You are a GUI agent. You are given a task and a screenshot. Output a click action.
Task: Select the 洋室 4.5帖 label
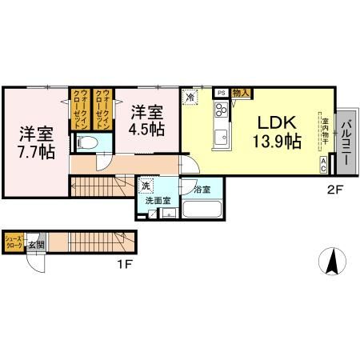click(x=149, y=118)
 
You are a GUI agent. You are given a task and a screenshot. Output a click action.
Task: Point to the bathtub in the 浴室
click(x=200, y=210)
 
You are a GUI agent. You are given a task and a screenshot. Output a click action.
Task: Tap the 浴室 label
click(x=201, y=189)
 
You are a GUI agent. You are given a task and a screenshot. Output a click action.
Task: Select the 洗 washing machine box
click(x=146, y=186)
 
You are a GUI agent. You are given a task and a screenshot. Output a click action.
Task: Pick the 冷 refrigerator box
click(x=190, y=96)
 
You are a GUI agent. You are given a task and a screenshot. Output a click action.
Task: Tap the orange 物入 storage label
click(x=241, y=93)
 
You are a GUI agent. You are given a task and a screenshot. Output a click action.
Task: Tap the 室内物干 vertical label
click(x=321, y=131)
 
